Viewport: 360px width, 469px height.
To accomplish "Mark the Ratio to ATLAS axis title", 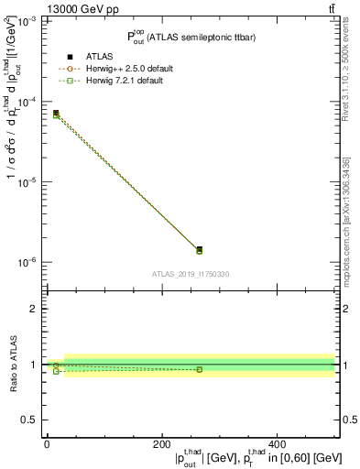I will (x=11, y=364).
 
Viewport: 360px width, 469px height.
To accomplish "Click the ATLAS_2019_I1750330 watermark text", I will (x=191, y=274).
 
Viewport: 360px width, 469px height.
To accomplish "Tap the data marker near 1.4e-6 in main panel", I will (x=199, y=249).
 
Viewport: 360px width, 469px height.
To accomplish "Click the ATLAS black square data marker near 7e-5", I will (x=56, y=113).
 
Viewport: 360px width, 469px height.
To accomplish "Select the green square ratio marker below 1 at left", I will (x=56, y=371).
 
